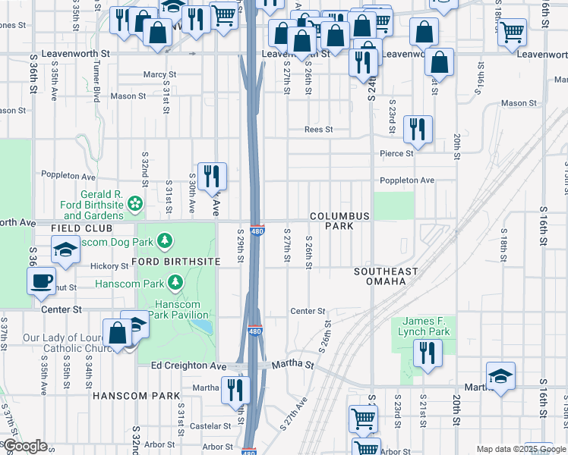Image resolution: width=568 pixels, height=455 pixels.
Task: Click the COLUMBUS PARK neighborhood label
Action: point(339,221)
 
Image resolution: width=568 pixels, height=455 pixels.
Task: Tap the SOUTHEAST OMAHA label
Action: point(386,276)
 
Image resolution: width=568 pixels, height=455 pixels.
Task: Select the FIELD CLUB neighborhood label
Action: point(82,228)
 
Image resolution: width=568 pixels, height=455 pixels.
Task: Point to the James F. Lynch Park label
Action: point(426,327)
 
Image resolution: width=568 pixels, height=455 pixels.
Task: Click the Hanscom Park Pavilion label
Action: point(178,309)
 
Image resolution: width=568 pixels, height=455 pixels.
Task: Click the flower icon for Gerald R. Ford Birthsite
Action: point(134,202)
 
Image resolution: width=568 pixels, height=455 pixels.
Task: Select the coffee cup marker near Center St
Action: point(41,281)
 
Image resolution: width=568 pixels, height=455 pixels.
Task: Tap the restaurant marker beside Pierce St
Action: point(417,130)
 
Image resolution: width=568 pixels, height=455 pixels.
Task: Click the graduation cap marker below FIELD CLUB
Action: point(65,249)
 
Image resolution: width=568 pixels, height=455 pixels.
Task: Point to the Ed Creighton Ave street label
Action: point(188,366)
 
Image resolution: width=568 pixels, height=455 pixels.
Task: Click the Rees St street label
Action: point(318,130)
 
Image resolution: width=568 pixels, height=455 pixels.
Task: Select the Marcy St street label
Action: point(159,75)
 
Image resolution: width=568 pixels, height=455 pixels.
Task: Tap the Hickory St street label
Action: point(109,266)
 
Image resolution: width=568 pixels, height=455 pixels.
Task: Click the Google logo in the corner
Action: point(24,446)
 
